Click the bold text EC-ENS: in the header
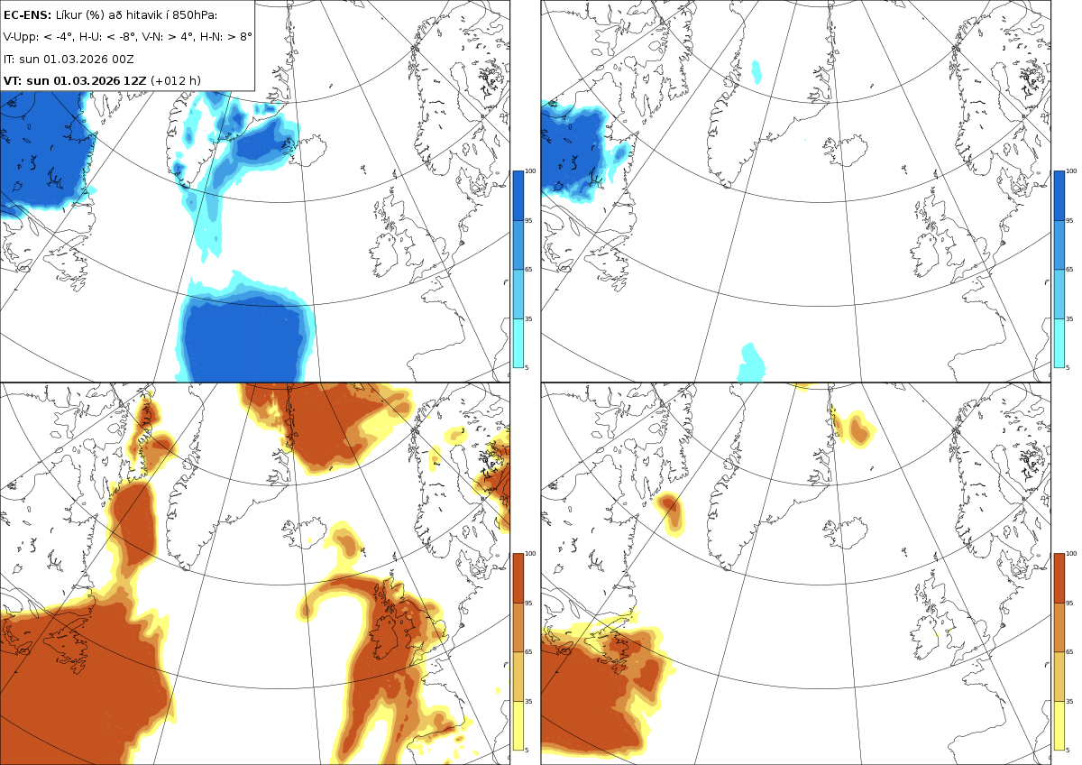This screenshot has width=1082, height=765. click(x=27, y=15)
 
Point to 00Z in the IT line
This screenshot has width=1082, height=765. click(x=124, y=59)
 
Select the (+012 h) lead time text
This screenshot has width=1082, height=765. click(x=175, y=80)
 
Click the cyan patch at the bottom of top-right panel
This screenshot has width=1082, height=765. click(x=751, y=363)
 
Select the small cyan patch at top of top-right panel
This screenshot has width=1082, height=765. click(x=756, y=72)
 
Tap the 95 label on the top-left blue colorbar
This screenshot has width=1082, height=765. click(x=528, y=221)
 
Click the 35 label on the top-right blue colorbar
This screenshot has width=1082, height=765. click(x=1069, y=319)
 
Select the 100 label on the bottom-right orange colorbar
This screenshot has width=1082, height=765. click(x=1071, y=554)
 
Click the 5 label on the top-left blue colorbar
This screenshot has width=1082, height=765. click(x=527, y=368)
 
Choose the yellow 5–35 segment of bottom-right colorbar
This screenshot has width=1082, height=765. click(x=1059, y=725)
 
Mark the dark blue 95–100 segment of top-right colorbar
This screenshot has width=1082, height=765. click(x=1059, y=196)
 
